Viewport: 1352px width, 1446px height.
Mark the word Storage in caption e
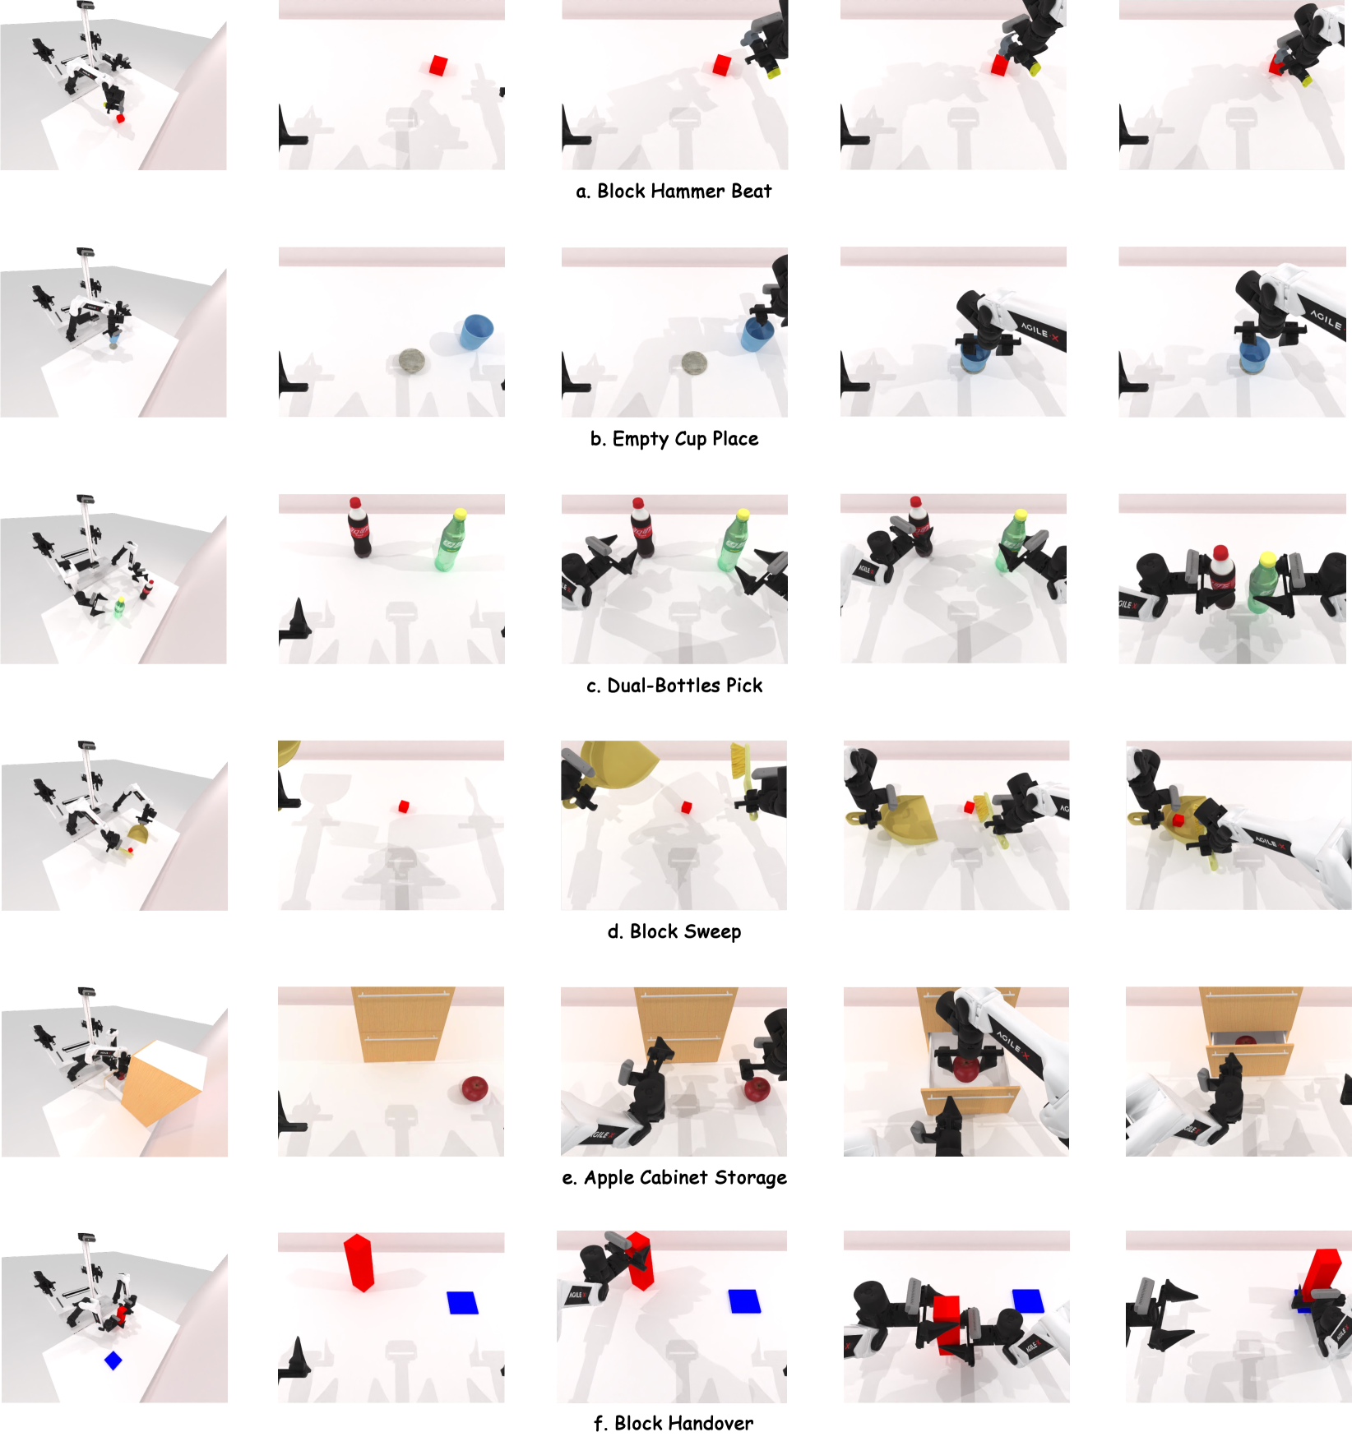(751, 1179)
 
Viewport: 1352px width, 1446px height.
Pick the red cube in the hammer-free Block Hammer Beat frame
(438, 66)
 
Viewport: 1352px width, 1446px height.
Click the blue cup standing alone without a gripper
(476, 331)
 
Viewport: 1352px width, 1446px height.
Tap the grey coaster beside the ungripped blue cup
(411, 360)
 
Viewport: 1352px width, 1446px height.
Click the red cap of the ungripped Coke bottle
(354, 502)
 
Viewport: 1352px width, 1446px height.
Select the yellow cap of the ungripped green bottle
(460, 515)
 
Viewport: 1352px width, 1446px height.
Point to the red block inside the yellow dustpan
(1178, 820)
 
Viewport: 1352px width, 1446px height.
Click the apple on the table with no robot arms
(475, 1088)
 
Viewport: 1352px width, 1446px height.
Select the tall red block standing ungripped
(359, 1263)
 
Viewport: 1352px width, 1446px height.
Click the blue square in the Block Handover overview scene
(113, 1361)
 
